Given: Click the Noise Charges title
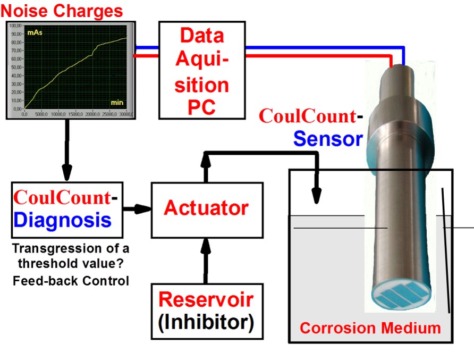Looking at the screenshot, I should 62,10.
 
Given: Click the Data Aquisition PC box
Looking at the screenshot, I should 201,71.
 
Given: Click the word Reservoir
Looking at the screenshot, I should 207,299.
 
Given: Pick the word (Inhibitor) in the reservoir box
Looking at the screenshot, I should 207,322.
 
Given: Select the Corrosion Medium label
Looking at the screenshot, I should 370,328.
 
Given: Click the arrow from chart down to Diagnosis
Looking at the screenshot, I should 67,149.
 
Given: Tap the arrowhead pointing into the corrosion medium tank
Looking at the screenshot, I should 317,197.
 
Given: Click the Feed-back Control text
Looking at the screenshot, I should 71,280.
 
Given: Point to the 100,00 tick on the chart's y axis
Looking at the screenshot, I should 15,26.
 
